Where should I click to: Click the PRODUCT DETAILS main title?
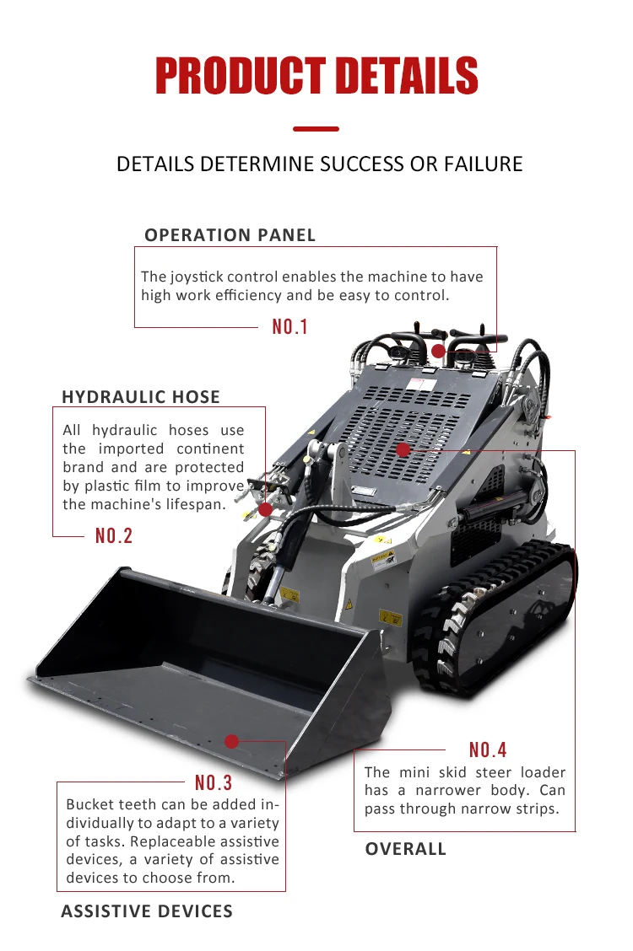[x=316, y=75]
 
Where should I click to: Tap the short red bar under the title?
[x=316, y=129]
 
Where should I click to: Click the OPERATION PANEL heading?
[x=230, y=235]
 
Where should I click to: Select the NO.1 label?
[x=290, y=327]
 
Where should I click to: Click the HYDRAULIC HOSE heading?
[x=141, y=397]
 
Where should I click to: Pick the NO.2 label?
[x=114, y=535]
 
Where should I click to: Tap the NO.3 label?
[x=214, y=783]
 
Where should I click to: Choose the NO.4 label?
[x=488, y=750]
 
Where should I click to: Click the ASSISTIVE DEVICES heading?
[x=147, y=911]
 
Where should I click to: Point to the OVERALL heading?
[x=405, y=849]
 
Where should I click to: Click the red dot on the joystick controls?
[x=439, y=351]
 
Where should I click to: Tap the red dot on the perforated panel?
[x=403, y=450]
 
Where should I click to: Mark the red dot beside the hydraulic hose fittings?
[x=266, y=509]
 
